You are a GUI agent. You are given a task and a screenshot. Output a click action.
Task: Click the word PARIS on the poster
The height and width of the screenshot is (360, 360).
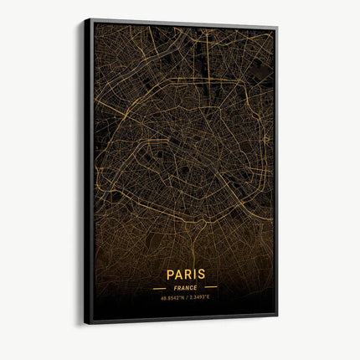(186, 274)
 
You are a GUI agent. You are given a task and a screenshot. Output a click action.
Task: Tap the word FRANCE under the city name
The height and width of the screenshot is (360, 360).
(186, 287)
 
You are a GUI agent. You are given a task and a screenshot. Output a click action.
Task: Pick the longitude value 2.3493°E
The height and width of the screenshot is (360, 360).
(202, 296)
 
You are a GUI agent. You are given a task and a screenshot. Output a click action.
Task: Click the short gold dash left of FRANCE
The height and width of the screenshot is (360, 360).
(158, 288)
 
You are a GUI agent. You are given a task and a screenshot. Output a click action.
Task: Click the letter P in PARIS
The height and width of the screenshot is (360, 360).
(171, 275)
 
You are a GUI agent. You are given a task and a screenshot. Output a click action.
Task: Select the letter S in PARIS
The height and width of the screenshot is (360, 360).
(201, 274)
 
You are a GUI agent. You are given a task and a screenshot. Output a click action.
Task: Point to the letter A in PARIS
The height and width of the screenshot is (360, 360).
(179, 275)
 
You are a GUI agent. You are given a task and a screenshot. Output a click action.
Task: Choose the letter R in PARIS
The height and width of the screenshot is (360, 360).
(188, 274)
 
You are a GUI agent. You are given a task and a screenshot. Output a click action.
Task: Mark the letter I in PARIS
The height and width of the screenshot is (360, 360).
(194, 274)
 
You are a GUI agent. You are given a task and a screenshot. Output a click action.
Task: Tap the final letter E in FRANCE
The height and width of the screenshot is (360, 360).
(197, 287)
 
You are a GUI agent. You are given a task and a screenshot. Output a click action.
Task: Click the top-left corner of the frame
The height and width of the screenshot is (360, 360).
(85, 19)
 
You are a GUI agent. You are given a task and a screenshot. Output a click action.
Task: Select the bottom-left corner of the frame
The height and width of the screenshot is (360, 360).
(85, 323)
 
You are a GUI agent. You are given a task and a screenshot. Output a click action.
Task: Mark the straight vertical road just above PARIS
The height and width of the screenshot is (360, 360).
(186, 251)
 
